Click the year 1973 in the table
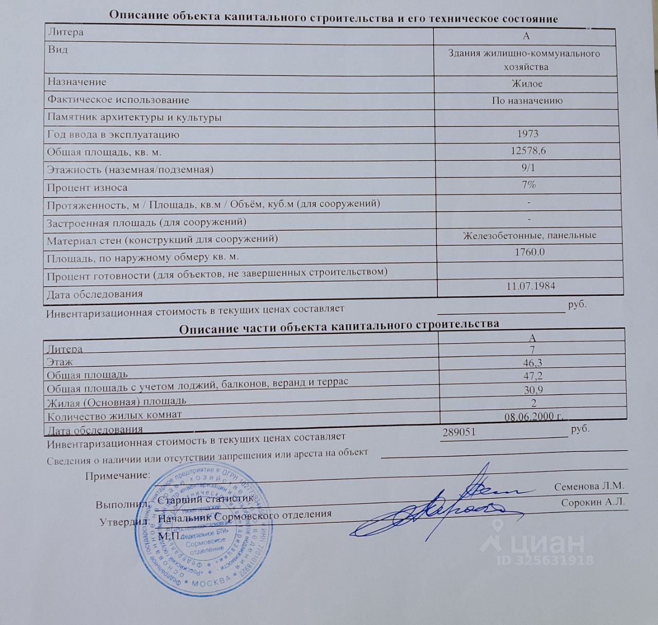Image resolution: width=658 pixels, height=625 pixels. (x=527, y=134)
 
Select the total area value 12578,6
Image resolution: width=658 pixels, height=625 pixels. (x=528, y=151)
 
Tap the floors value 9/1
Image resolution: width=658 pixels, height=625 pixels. (x=528, y=167)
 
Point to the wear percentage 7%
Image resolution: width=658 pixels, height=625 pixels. (x=528, y=184)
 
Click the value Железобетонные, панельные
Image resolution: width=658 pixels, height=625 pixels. (x=529, y=235)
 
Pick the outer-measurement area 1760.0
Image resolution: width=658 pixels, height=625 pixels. (x=529, y=252)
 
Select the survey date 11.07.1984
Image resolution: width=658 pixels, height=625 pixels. (x=531, y=286)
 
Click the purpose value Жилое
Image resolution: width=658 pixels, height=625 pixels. (x=527, y=83)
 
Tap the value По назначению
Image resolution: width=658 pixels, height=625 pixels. (x=527, y=101)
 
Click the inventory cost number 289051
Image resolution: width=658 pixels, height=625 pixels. (x=459, y=432)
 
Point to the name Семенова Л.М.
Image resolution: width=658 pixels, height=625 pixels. (x=589, y=486)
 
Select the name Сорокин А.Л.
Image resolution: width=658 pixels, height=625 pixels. (x=593, y=502)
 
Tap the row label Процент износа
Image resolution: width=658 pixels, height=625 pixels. (x=87, y=187)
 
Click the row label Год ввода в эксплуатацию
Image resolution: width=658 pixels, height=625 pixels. (x=113, y=135)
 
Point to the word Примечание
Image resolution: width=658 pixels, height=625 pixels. (x=118, y=476)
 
